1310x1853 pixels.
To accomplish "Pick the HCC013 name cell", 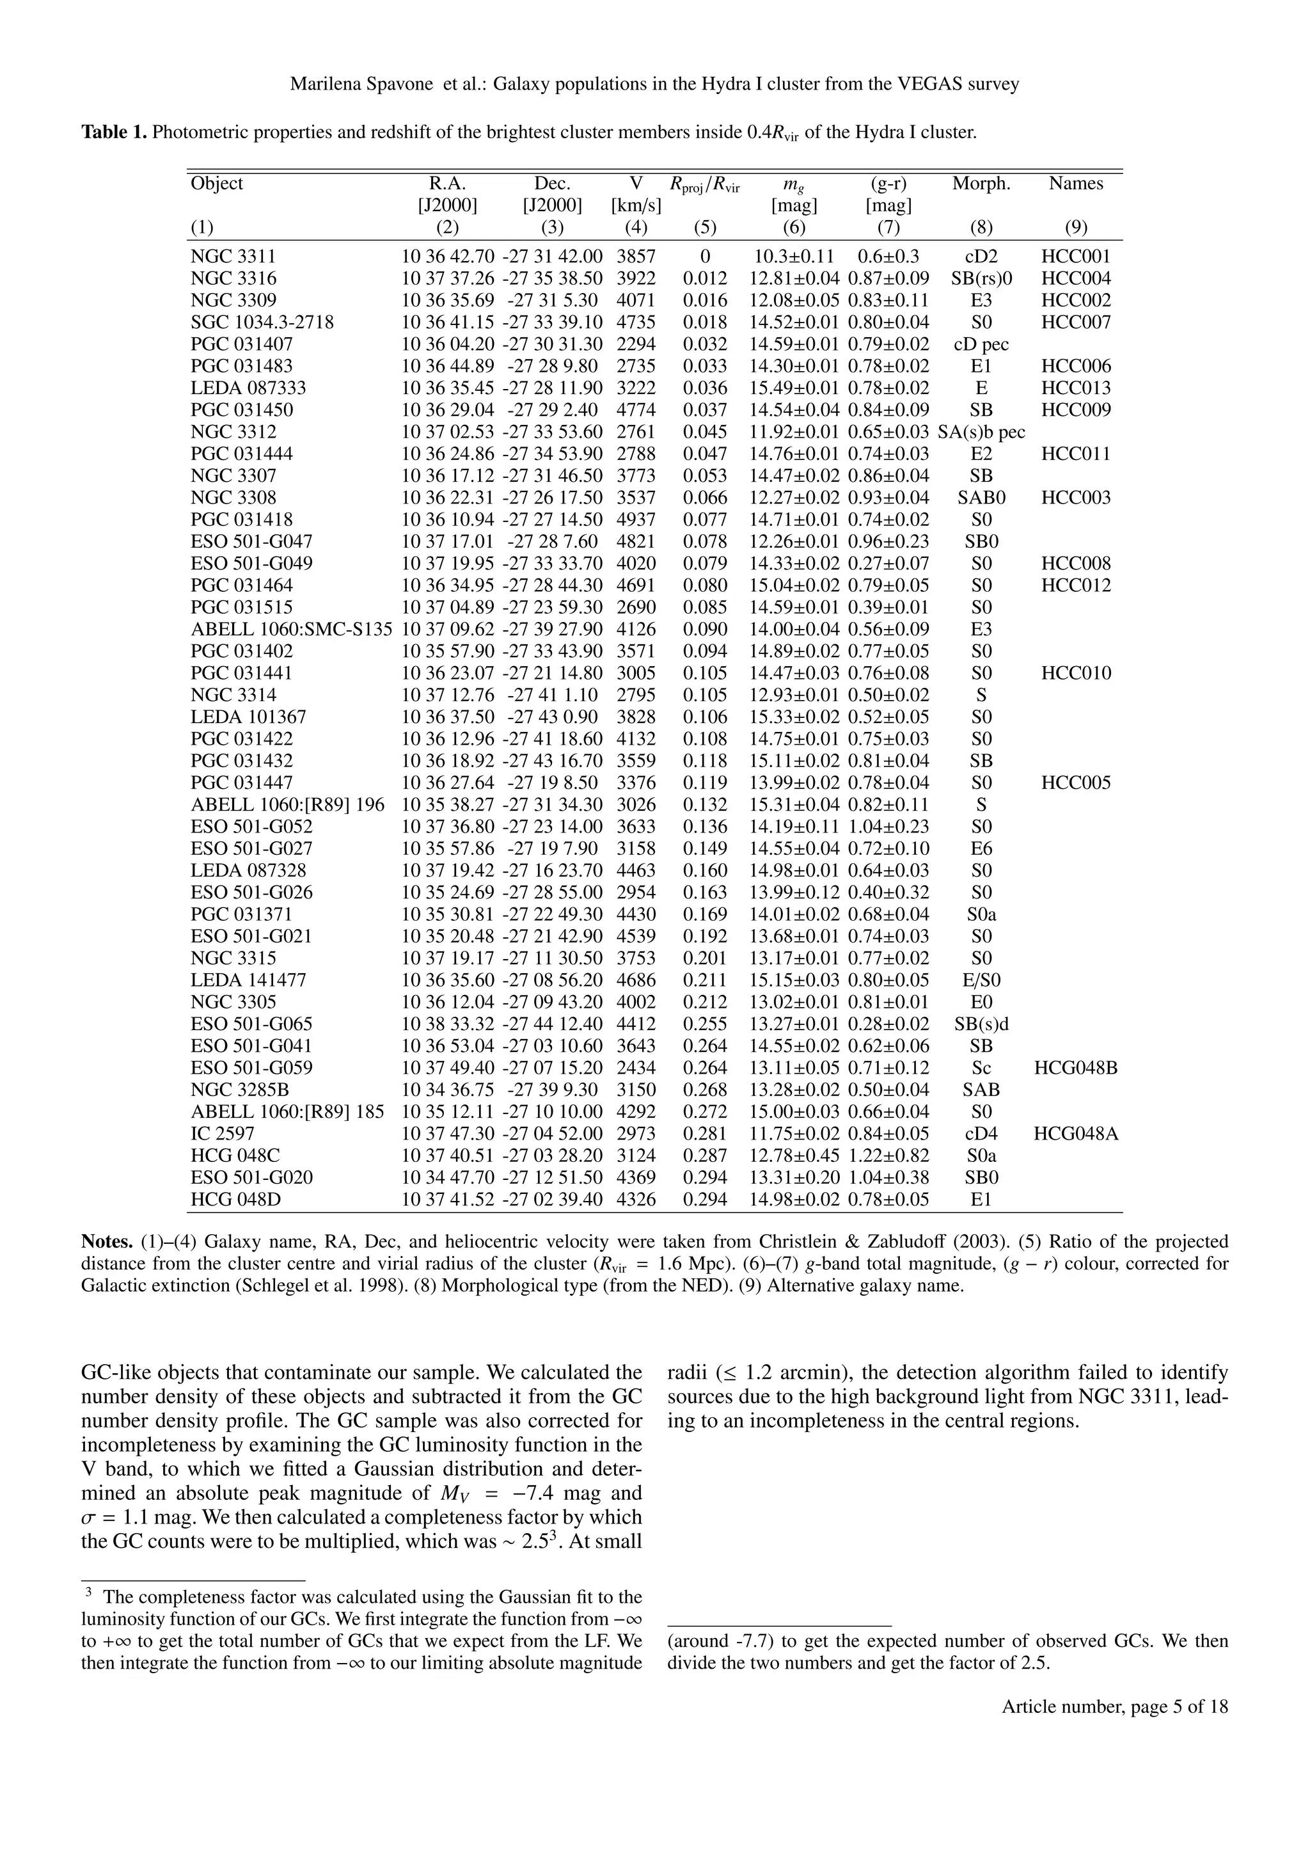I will pos(1075,388).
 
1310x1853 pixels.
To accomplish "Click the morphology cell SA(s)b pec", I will pos(981,433).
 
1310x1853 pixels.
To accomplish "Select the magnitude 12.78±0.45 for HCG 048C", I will pos(794,1156).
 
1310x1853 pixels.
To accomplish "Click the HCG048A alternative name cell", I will pos(1075,1134).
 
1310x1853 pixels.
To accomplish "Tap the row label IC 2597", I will pos(223,1134).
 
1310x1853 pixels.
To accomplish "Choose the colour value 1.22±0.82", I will pos(888,1156).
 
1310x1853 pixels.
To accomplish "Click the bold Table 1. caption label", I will pos(114,132).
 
